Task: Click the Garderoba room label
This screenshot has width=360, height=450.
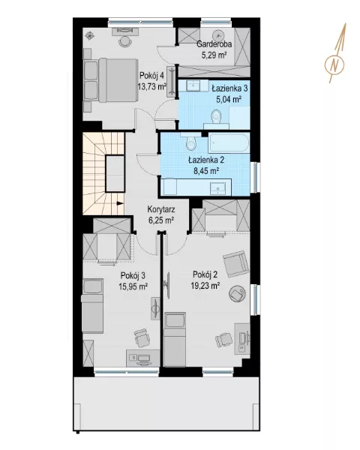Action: (214, 44)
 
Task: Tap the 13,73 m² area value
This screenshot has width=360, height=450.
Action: (152, 86)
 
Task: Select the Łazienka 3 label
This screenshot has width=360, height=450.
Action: (229, 88)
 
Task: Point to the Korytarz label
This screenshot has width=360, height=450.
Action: (161, 209)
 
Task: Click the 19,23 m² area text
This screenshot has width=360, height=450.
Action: (205, 285)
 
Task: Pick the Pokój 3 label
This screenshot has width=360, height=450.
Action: (133, 276)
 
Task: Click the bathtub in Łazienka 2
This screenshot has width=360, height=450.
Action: (229, 143)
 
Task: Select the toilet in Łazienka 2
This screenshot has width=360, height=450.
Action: (190, 142)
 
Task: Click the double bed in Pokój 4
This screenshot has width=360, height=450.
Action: (109, 80)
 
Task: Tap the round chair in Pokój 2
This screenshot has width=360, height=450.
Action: (238, 293)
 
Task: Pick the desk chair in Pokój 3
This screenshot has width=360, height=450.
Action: (142, 338)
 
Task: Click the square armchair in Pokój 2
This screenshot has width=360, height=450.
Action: (236, 264)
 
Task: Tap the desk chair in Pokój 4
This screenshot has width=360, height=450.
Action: (125, 41)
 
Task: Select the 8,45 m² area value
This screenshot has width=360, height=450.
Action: (206, 171)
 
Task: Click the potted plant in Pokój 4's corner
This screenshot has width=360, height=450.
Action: (90, 35)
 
